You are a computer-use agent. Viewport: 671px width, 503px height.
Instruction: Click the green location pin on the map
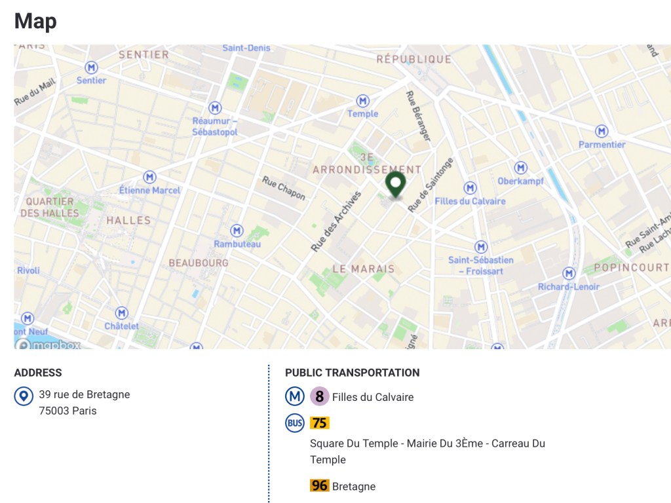(395, 184)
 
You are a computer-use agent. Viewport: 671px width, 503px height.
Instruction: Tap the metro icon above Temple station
(362, 101)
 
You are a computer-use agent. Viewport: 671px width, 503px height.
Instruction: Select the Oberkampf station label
(521, 181)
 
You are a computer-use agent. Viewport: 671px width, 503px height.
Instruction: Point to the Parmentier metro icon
(602, 132)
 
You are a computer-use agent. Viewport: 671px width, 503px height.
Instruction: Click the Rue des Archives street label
(336, 221)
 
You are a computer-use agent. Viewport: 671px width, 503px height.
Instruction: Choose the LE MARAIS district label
(364, 269)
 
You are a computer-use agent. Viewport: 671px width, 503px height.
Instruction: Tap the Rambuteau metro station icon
(237, 231)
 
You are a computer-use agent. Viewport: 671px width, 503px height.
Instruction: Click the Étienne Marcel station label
(149, 190)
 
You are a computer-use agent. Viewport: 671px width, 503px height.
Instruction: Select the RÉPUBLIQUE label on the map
(413, 59)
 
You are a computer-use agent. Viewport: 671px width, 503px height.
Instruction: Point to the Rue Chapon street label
(284, 188)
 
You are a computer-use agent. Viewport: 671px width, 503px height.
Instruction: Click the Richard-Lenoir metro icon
(569, 273)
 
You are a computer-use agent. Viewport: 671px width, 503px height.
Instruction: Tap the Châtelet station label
(122, 326)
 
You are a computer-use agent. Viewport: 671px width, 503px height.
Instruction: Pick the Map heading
(35, 21)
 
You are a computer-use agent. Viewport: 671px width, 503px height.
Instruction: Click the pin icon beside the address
(24, 396)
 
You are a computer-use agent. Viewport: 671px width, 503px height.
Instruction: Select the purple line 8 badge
(319, 396)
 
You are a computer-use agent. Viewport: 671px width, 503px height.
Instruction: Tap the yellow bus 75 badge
(320, 423)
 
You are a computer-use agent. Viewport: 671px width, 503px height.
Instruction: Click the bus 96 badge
(320, 486)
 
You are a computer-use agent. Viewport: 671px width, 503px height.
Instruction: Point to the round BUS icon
(295, 423)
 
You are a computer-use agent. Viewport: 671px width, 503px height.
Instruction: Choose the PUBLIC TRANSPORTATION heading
(352, 373)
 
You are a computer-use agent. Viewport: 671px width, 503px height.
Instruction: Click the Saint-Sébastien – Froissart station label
(481, 265)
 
